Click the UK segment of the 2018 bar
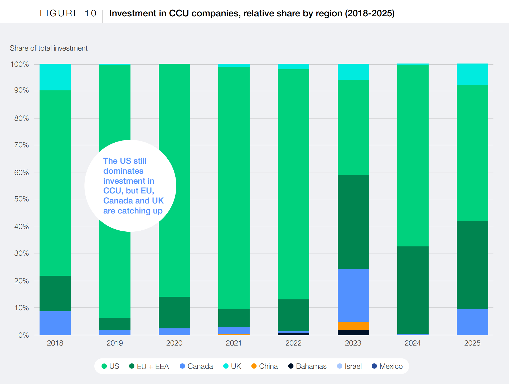(x=55, y=77)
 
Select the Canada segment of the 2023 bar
(x=353, y=295)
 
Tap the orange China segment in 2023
(x=353, y=326)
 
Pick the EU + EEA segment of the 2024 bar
(x=413, y=290)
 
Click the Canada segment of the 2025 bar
(x=472, y=322)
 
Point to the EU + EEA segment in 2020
(x=174, y=312)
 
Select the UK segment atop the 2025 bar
(x=472, y=74)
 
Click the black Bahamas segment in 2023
(x=353, y=333)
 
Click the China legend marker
(x=254, y=366)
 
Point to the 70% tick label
(x=21, y=145)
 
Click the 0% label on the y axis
(x=23, y=335)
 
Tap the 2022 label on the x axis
(x=293, y=343)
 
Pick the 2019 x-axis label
(x=115, y=343)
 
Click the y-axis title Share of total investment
(x=49, y=48)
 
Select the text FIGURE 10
(x=68, y=13)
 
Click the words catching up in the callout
(x=140, y=211)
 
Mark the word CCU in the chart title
(x=179, y=13)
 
